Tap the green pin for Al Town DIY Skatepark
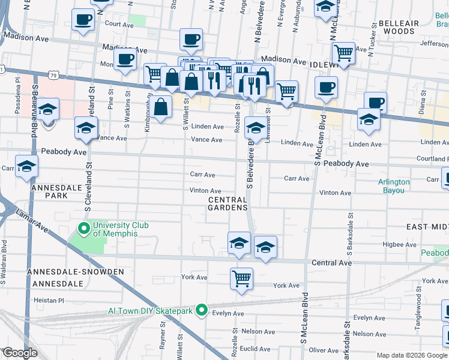[202, 310]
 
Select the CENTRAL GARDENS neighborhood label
[228, 203]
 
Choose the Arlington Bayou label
[394, 186]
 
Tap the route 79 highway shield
[54, 75]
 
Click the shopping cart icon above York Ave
[241, 278]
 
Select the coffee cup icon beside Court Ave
[83, 19]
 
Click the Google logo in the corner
[19, 353]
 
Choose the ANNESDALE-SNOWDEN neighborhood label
[76, 272]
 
